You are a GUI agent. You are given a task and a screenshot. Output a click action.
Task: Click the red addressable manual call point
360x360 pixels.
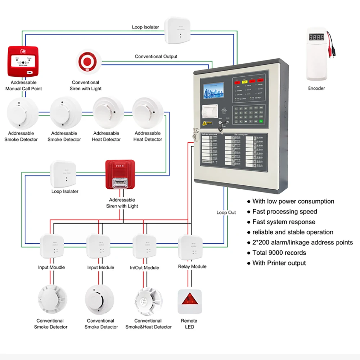[x=23, y=62]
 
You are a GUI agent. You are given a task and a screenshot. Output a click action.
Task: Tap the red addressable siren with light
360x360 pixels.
[x=120, y=175]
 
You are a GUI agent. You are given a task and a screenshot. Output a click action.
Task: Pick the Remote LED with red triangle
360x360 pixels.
[x=189, y=301]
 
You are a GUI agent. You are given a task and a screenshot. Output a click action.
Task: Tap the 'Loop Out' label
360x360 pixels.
[x=226, y=212]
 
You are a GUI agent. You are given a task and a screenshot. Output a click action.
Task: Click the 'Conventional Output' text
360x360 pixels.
[x=156, y=57]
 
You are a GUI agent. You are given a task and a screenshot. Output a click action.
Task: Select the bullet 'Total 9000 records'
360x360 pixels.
[x=279, y=253]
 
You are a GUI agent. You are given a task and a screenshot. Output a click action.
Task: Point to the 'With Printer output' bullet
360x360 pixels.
[x=279, y=263]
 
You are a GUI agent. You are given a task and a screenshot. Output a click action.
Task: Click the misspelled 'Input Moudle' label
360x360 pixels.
[x=51, y=267]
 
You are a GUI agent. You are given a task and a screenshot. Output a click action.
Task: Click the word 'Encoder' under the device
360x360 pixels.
[x=316, y=88]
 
